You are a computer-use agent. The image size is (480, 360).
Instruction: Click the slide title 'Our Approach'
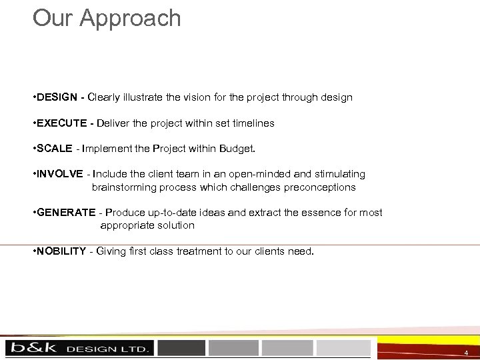tap(107, 18)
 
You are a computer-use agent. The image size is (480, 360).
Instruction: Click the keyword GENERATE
tap(67, 213)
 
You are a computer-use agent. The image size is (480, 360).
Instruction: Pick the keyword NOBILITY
tap(62, 251)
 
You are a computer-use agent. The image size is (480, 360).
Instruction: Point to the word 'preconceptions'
tap(320, 187)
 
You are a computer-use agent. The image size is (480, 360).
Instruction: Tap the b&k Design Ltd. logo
tap(79, 348)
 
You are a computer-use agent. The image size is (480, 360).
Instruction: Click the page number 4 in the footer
tap(466, 352)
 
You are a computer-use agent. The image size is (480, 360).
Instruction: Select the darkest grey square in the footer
tap(181, 348)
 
